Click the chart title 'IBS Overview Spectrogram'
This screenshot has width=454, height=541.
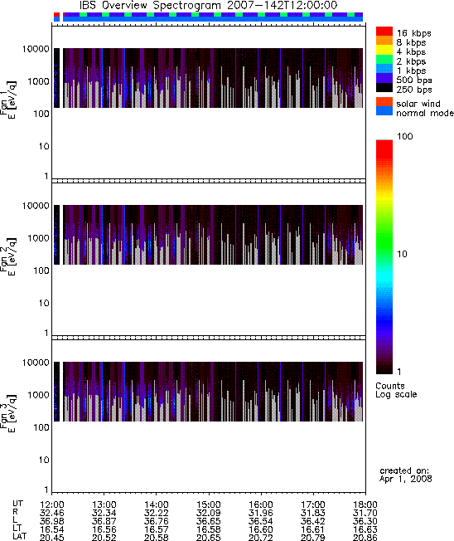coord(150,6)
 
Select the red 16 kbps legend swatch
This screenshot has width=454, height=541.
coord(384,31)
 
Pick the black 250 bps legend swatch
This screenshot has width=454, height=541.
coord(384,88)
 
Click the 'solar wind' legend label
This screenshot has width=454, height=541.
coord(418,104)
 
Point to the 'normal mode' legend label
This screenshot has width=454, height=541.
coord(425,113)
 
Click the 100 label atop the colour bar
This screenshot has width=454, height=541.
coord(405,136)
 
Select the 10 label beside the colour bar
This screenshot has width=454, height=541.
coord(403,254)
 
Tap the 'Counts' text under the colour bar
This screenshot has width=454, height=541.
coord(390,386)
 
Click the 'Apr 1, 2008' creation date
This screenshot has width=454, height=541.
coord(405,479)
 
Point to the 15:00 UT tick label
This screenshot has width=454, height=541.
coord(208,504)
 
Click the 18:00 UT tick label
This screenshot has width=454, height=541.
coord(365,504)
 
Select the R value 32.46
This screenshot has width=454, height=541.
coord(51,513)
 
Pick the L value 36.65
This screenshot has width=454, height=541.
coord(208,521)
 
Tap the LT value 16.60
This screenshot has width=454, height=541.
coord(260,529)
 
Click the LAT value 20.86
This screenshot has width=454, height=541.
coord(365,537)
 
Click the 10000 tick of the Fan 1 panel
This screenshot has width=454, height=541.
coord(36,49)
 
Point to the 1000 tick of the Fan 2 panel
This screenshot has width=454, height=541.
coord(39,238)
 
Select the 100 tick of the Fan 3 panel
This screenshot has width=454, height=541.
coord(41,427)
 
